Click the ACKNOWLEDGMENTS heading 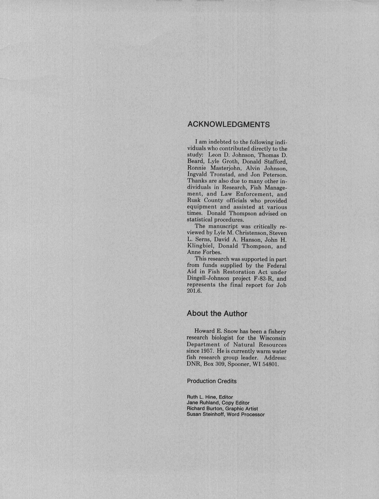click(x=229, y=125)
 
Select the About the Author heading click(x=217, y=314)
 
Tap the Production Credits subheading click(x=212, y=381)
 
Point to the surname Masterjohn click(x=226, y=168)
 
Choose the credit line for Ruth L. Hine click(x=210, y=397)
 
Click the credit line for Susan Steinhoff click(x=226, y=414)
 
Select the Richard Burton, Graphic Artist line click(x=222, y=409)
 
